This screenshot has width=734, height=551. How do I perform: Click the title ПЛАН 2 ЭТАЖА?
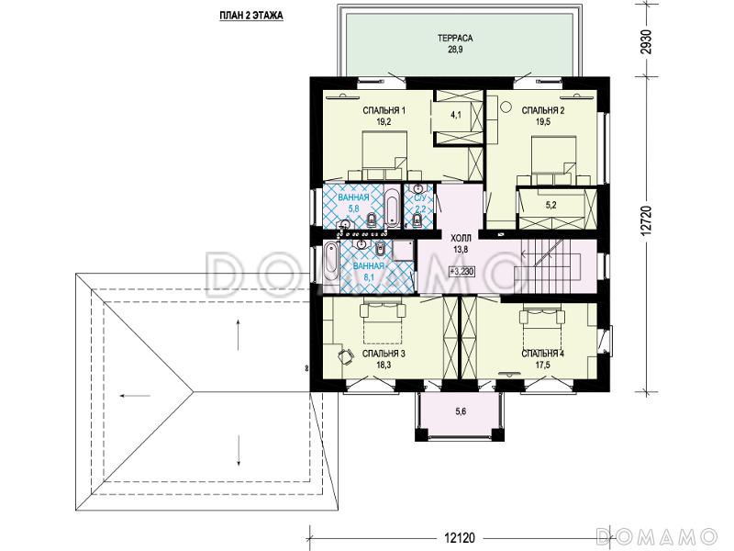250,16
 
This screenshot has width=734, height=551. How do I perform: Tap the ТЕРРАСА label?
455,39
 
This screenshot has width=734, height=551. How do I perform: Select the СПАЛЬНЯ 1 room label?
384,110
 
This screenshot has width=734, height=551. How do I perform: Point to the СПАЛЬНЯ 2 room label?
543,110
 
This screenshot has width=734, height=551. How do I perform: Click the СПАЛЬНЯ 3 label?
384,354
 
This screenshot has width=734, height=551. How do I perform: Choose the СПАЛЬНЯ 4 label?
543,354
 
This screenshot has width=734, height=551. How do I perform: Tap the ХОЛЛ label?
461,238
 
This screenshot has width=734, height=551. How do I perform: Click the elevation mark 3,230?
462,270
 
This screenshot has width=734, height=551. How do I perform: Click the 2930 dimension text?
647,42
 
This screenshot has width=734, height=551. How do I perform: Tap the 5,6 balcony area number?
461,411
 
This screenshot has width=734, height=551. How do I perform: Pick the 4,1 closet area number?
456,114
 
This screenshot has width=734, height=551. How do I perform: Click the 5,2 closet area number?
551,205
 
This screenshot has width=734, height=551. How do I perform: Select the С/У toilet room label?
419,197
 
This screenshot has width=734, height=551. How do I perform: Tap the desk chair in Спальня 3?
347,357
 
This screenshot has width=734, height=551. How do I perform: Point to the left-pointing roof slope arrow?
135,396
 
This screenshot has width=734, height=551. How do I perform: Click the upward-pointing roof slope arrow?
239,334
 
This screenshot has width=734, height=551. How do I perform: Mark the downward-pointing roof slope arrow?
239,451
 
